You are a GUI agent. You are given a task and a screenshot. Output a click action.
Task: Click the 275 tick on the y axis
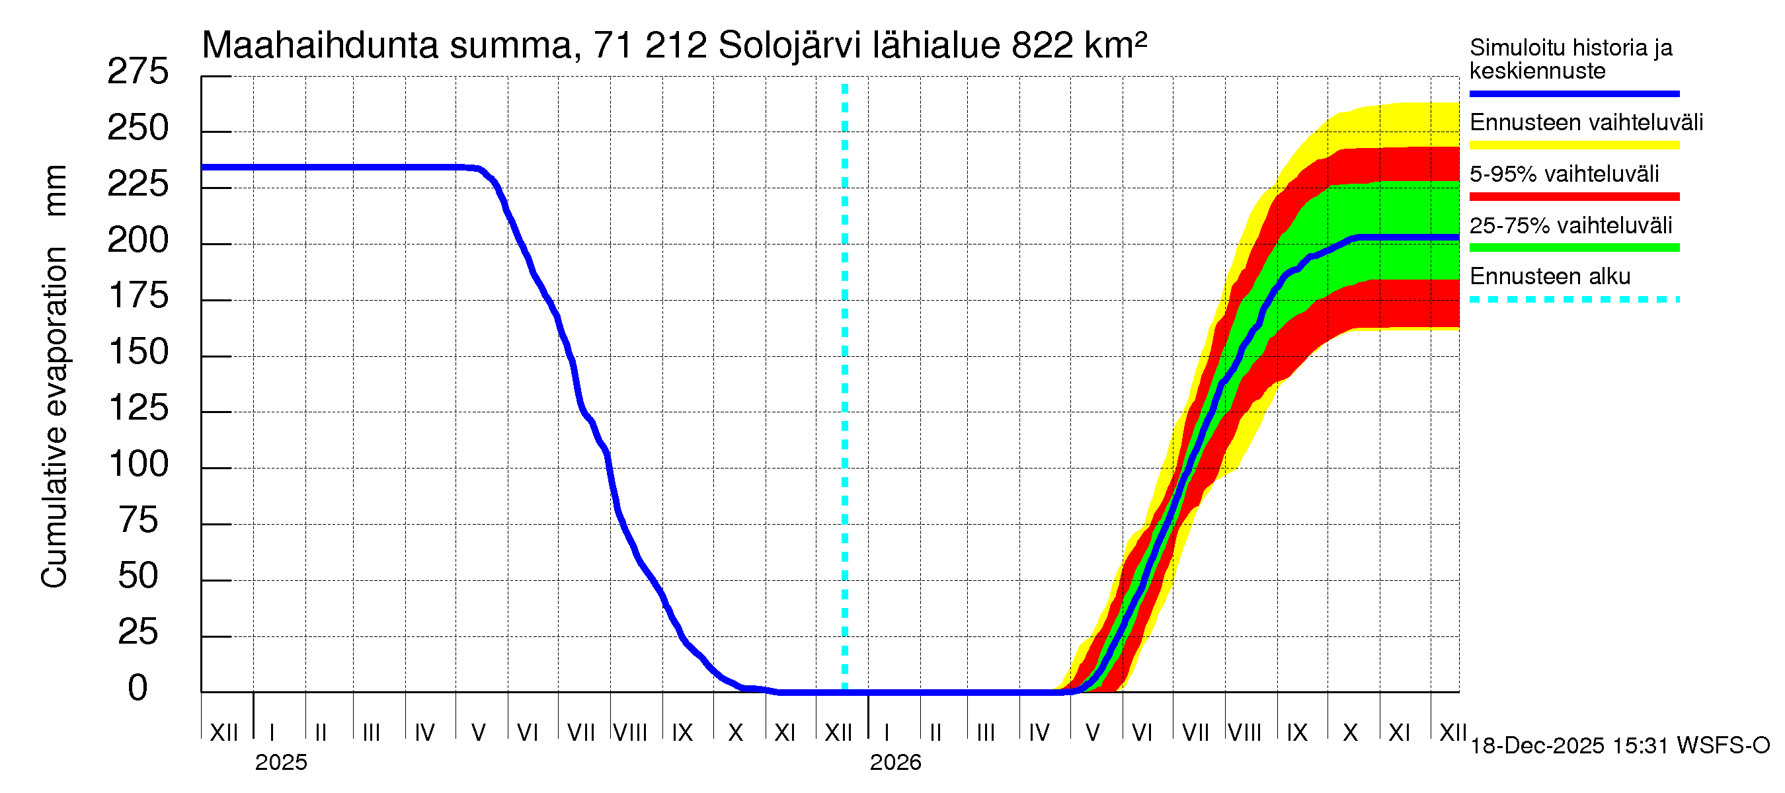pyautogui.click(x=138, y=72)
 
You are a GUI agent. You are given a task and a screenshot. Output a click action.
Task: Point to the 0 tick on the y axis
pyautogui.click(x=138, y=688)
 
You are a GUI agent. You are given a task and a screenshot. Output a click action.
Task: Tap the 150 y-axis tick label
pyautogui.click(x=139, y=352)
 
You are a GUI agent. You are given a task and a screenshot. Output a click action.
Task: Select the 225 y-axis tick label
pyautogui.click(x=138, y=184)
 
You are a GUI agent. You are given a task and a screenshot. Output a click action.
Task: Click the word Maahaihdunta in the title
pyautogui.click(x=319, y=46)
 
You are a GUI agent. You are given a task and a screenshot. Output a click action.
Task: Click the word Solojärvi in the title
pyautogui.click(x=789, y=46)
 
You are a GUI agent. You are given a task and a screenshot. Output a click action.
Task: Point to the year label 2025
pyautogui.click(x=280, y=763)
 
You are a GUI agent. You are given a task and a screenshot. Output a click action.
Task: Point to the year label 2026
pyautogui.click(x=895, y=763)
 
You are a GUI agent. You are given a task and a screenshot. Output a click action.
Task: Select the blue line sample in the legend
pyautogui.click(x=1573, y=93)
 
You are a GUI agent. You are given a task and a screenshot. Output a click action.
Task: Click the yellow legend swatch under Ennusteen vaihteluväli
pyautogui.click(x=1573, y=145)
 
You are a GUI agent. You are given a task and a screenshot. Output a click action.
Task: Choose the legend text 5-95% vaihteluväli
pyautogui.click(x=1564, y=174)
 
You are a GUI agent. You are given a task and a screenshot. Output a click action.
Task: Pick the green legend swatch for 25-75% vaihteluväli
pyautogui.click(x=1573, y=247)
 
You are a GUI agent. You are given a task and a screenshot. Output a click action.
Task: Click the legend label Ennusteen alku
pyautogui.click(x=1550, y=276)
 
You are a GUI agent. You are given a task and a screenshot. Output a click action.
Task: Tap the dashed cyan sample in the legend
pyautogui.click(x=1573, y=300)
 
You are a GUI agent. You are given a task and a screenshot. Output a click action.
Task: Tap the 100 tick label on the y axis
pyautogui.click(x=139, y=464)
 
